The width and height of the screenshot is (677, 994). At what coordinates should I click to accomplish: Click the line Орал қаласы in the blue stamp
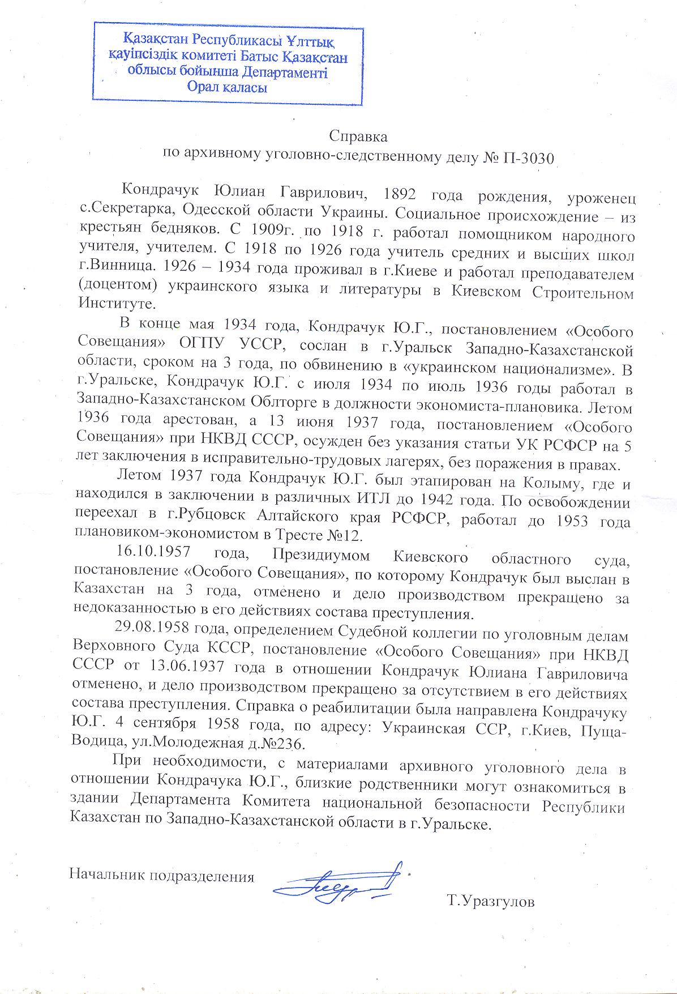click(227, 87)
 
